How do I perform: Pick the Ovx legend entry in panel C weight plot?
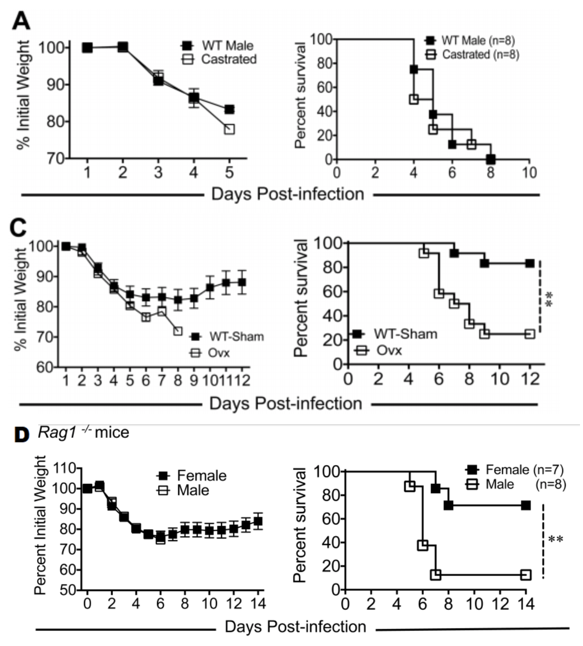tap(210, 352)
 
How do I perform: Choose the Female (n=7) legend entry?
tap(514, 470)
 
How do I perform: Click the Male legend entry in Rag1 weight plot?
tap(183, 490)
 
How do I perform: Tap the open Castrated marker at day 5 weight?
tap(229, 129)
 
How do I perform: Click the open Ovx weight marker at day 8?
tap(178, 331)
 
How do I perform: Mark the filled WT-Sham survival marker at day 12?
tap(530, 263)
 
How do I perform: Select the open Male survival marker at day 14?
tap(526, 574)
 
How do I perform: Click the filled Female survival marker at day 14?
tap(526, 505)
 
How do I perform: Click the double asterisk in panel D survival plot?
tap(555, 540)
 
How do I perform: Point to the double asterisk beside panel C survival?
tap(550, 298)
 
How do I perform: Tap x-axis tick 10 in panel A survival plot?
tap(530, 173)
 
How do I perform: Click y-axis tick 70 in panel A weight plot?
tap(57, 158)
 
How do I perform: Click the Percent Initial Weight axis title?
tap(40, 525)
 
